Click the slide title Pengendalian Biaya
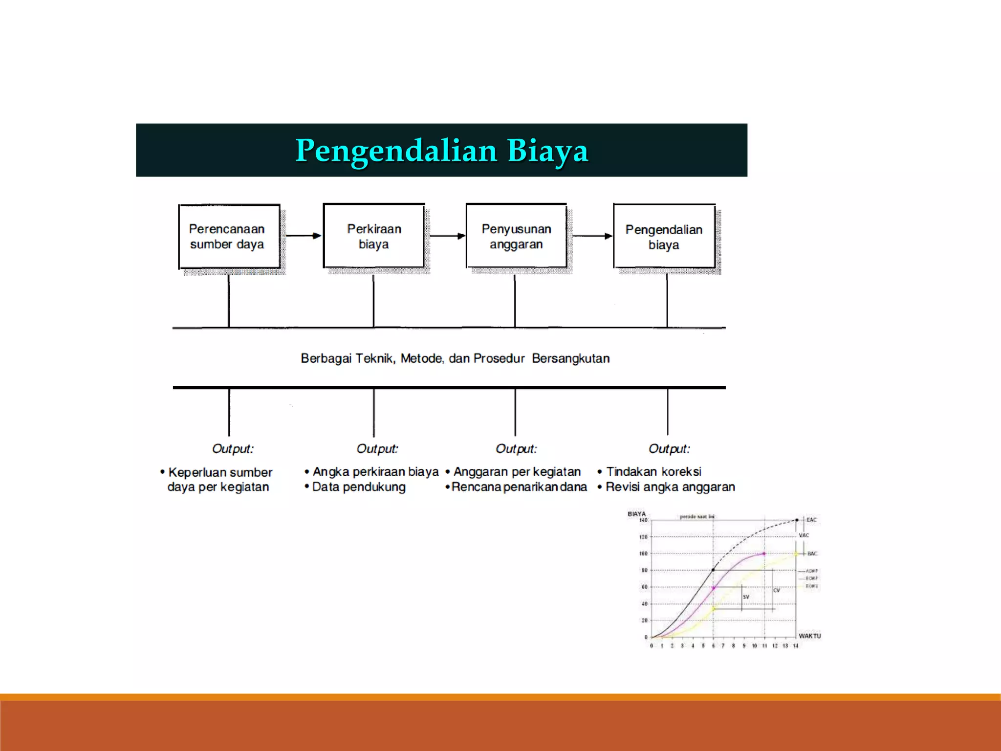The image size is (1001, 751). (x=441, y=150)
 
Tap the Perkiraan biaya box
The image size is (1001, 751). (x=374, y=236)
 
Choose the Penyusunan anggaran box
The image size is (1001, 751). (x=516, y=236)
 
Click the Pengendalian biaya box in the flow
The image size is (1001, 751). (x=664, y=237)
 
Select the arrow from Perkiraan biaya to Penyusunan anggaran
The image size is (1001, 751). (x=447, y=236)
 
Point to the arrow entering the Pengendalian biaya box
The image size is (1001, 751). (x=592, y=236)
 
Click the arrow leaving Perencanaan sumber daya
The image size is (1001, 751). (x=303, y=236)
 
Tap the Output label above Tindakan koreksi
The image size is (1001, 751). (x=669, y=449)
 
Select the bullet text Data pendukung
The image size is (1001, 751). (x=358, y=487)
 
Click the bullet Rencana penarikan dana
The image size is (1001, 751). (x=519, y=487)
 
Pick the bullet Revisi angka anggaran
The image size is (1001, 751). (x=670, y=487)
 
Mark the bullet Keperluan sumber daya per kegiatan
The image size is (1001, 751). (x=219, y=480)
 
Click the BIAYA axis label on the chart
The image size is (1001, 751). (x=636, y=514)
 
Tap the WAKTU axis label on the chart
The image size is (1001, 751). (x=809, y=636)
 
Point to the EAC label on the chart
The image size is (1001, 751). (x=811, y=520)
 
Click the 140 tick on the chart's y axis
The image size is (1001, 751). (x=643, y=520)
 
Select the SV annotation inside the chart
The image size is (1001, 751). (x=746, y=597)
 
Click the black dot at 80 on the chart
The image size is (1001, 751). (x=713, y=570)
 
